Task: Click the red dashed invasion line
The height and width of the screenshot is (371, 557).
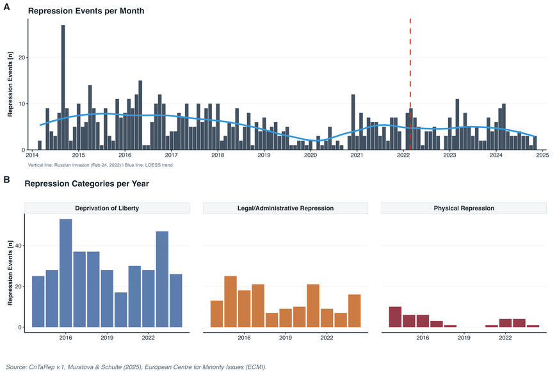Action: pyautogui.click(x=410, y=77)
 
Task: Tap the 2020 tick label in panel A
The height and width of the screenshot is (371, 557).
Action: pyautogui.click(x=311, y=155)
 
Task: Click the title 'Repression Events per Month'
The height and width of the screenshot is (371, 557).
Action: pyautogui.click(x=86, y=11)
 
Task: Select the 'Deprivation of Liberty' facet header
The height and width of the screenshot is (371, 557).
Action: pyautogui.click(x=107, y=208)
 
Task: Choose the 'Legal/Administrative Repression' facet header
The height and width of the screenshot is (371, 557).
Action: pyautogui.click(x=285, y=208)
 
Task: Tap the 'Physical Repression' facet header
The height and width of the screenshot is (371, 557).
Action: pyautogui.click(x=464, y=208)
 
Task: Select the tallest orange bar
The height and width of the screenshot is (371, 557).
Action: pyautogui.click(x=230, y=301)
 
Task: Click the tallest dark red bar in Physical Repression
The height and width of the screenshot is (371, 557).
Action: pyautogui.click(x=395, y=317)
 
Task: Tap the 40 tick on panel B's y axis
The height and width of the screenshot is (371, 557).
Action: pyautogui.click(x=19, y=246)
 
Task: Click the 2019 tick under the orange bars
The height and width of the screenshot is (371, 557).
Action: pyautogui.click(x=286, y=337)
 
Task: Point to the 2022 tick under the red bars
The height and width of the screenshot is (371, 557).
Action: pyautogui.click(x=505, y=337)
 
